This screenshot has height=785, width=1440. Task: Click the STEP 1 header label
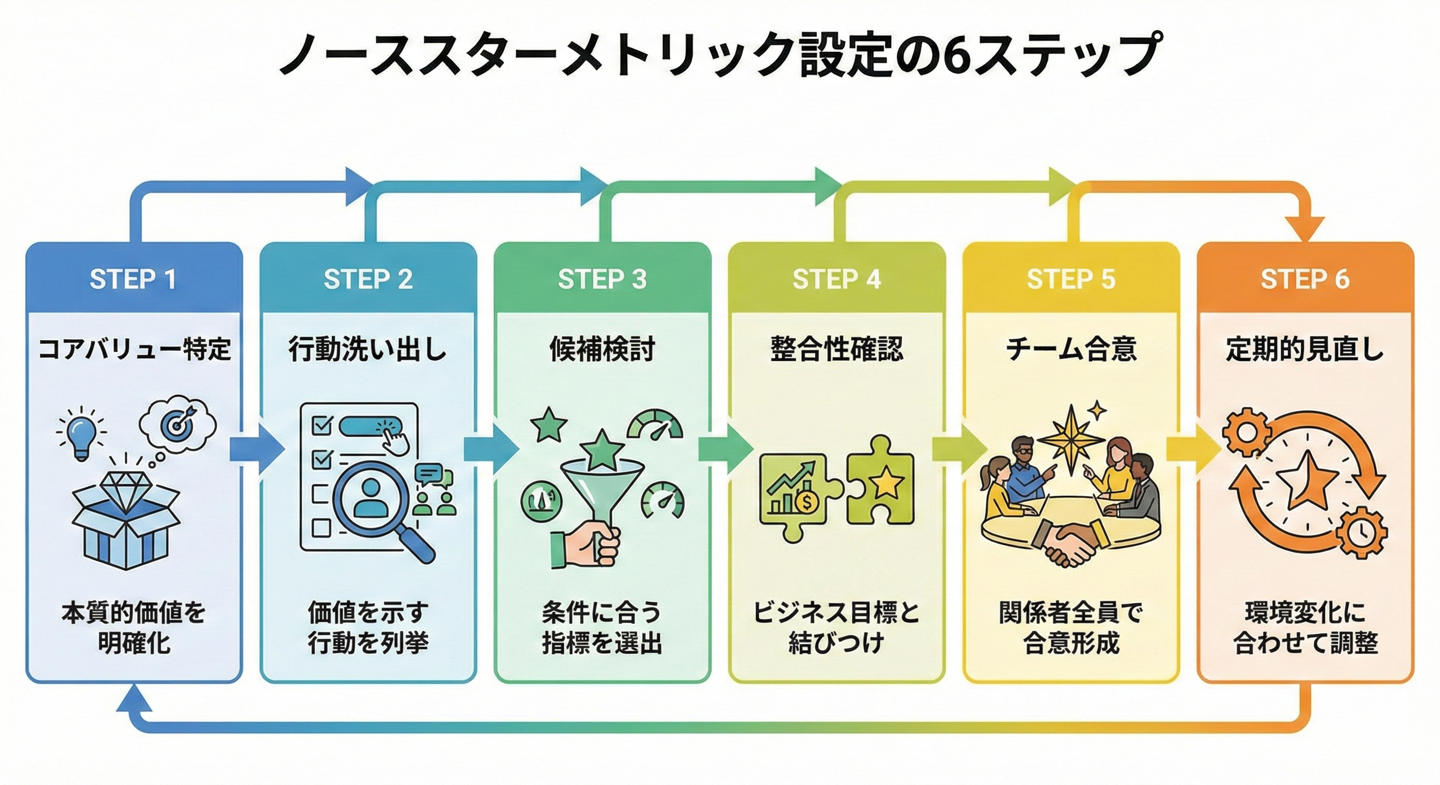click(x=133, y=280)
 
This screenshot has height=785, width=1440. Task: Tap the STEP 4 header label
click(x=836, y=280)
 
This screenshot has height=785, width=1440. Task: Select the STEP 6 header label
click(x=1304, y=280)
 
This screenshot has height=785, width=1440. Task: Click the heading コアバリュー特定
click(x=134, y=350)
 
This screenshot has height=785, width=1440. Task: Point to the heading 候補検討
click(x=602, y=350)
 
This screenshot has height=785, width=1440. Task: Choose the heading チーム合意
click(x=1070, y=350)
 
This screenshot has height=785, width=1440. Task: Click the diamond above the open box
click(x=127, y=487)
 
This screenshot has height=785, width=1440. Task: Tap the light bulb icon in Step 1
click(x=82, y=436)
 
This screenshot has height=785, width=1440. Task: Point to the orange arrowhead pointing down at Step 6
click(x=1306, y=228)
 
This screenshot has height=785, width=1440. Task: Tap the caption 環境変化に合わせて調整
click(x=1304, y=628)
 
